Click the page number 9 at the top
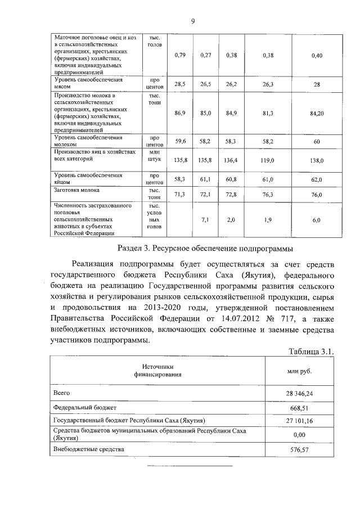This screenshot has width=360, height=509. coord(192,21)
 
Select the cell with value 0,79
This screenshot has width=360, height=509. coord(180,56)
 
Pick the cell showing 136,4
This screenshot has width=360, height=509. coord(231,160)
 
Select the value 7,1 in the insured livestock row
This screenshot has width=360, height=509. coord(205,219)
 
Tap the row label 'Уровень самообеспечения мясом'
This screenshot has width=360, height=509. coord(87,84)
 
